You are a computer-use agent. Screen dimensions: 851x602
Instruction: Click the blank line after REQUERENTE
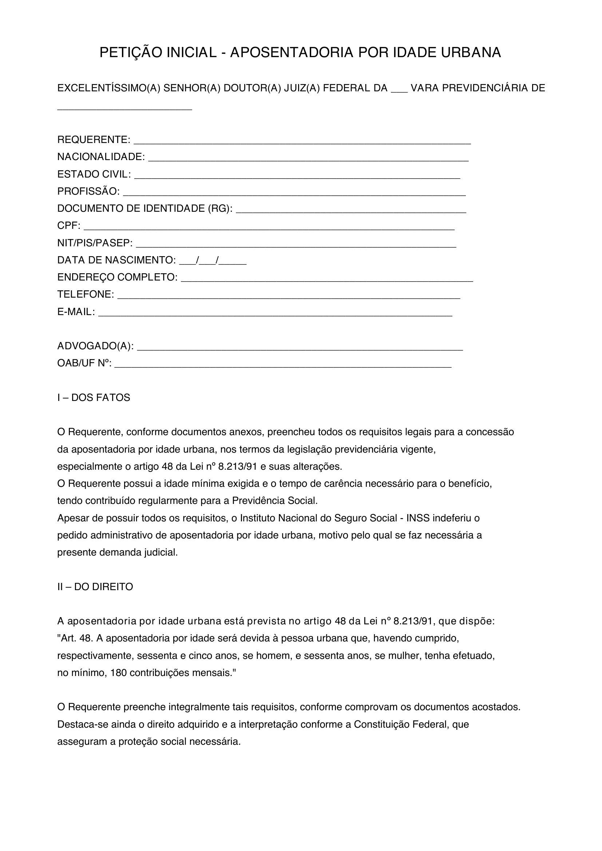302,141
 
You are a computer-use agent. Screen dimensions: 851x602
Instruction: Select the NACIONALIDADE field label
101,157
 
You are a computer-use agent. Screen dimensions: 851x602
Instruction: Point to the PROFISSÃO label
88,191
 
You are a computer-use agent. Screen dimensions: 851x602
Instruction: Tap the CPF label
68,226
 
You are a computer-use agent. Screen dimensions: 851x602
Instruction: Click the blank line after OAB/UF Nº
283,365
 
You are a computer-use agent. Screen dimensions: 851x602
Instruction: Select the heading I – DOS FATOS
94,398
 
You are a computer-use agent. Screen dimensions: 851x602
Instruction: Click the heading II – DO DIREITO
95,587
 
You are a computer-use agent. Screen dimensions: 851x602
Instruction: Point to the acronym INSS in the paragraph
418,518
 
